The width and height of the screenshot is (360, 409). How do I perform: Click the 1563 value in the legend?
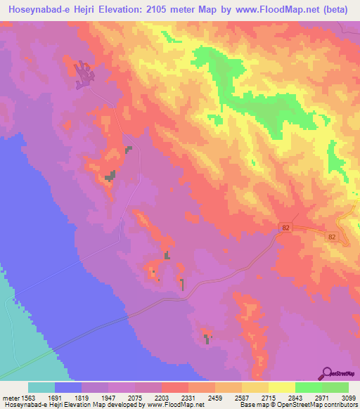pyautogui.click(x=28, y=398)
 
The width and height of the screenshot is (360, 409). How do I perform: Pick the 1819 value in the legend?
pyautogui.click(x=82, y=398)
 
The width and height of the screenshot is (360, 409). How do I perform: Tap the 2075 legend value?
pyautogui.click(x=135, y=398)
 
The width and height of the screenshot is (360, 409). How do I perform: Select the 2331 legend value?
pyautogui.click(x=188, y=398)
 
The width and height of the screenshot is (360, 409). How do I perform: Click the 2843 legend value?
pyautogui.click(x=295, y=398)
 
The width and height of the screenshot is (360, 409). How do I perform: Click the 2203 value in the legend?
pyautogui.click(x=162, y=398)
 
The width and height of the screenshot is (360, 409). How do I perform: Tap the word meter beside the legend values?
pyautogui.click(x=10, y=398)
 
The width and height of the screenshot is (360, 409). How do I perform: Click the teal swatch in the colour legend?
pyautogui.click(x=41, y=387)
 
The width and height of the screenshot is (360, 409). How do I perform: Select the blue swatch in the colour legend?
pyautogui.click(x=68, y=387)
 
